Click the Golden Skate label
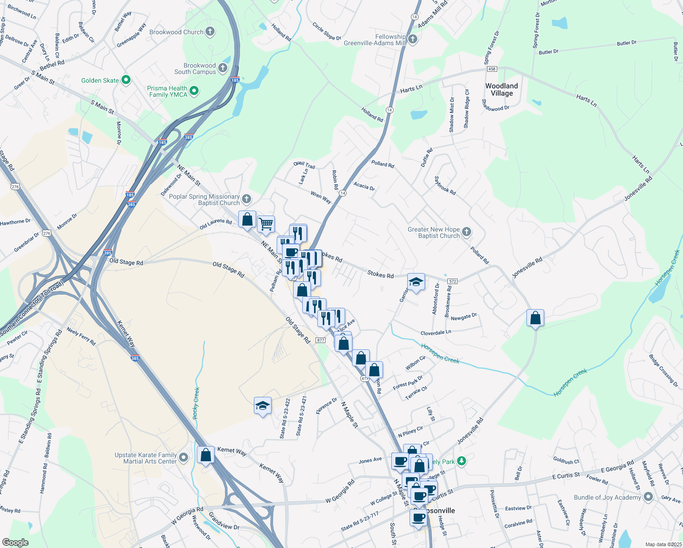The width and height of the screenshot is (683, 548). click(x=100, y=80)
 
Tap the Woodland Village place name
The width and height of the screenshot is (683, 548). click(x=501, y=90)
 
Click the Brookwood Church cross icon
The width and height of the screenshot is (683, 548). click(x=210, y=32)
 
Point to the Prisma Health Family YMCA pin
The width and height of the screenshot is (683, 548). click(x=194, y=91)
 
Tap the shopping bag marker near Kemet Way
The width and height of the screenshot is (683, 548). click(x=206, y=455)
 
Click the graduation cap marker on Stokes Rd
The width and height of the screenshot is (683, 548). click(x=416, y=282)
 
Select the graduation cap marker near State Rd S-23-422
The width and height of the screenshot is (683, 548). click(x=263, y=406)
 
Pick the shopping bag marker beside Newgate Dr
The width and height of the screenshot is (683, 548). click(x=535, y=318)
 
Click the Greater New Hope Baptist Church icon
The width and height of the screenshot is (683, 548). click(x=466, y=232)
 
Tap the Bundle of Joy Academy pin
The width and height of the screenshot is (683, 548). click(x=648, y=497)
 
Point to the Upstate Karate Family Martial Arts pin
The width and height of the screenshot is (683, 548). click(x=184, y=457)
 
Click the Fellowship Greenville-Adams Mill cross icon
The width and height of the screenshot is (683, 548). click(x=413, y=39)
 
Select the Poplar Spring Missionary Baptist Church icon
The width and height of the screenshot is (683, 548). click(x=247, y=199)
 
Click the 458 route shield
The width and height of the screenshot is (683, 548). click(x=492, y=69)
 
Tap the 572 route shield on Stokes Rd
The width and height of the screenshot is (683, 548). click(x=452, y=281)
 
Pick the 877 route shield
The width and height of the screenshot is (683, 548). click(x=320, y=340)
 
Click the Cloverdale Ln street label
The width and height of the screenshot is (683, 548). click(x=436, y=332)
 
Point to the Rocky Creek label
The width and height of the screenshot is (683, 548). click(x=196, y=403)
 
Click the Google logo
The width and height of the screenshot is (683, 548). click(x=16, y=542)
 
